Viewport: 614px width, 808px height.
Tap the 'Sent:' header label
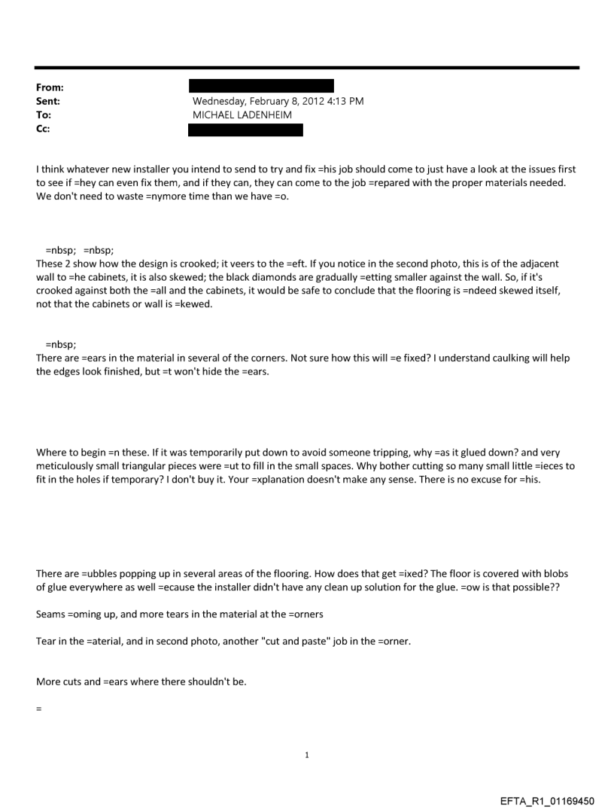pos(48,102)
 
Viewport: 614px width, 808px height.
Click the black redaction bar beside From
pos(260,87)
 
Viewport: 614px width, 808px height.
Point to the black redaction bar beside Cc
pos(245,130)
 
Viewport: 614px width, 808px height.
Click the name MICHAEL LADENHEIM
pos(241,116)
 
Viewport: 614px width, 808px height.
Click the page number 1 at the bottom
pos(307,754)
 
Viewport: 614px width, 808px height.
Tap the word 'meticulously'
pos(65,466)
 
